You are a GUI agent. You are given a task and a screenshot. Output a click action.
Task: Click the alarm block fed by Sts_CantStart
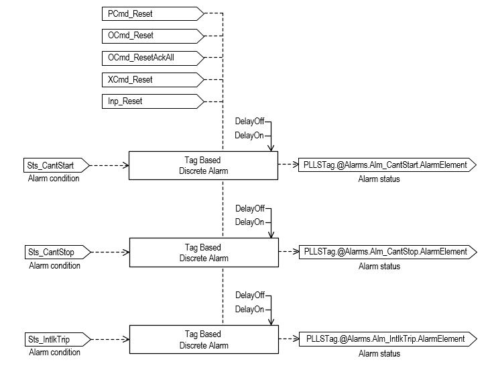pyautogui.click(x=203, y=165)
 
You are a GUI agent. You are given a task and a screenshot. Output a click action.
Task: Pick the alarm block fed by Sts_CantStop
pyautogui.click(x=203, y=252)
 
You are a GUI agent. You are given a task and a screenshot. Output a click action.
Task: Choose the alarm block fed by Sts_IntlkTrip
pyautogui.click(x=203, y=340)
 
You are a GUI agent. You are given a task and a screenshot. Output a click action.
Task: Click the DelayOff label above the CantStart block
pyautogui.click(x=249, y=122)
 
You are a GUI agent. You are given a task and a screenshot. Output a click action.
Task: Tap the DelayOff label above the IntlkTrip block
pyautogui.click(x=249, y=295)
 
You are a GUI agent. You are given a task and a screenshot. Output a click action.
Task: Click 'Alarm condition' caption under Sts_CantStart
pyautogui.click(x=54, y=179)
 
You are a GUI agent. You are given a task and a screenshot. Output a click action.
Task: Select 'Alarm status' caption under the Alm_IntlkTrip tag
pyautogui.click(x=379, y=354)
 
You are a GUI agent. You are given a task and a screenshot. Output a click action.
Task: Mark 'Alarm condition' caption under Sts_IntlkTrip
pyautogui.click(x=54, y=353)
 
